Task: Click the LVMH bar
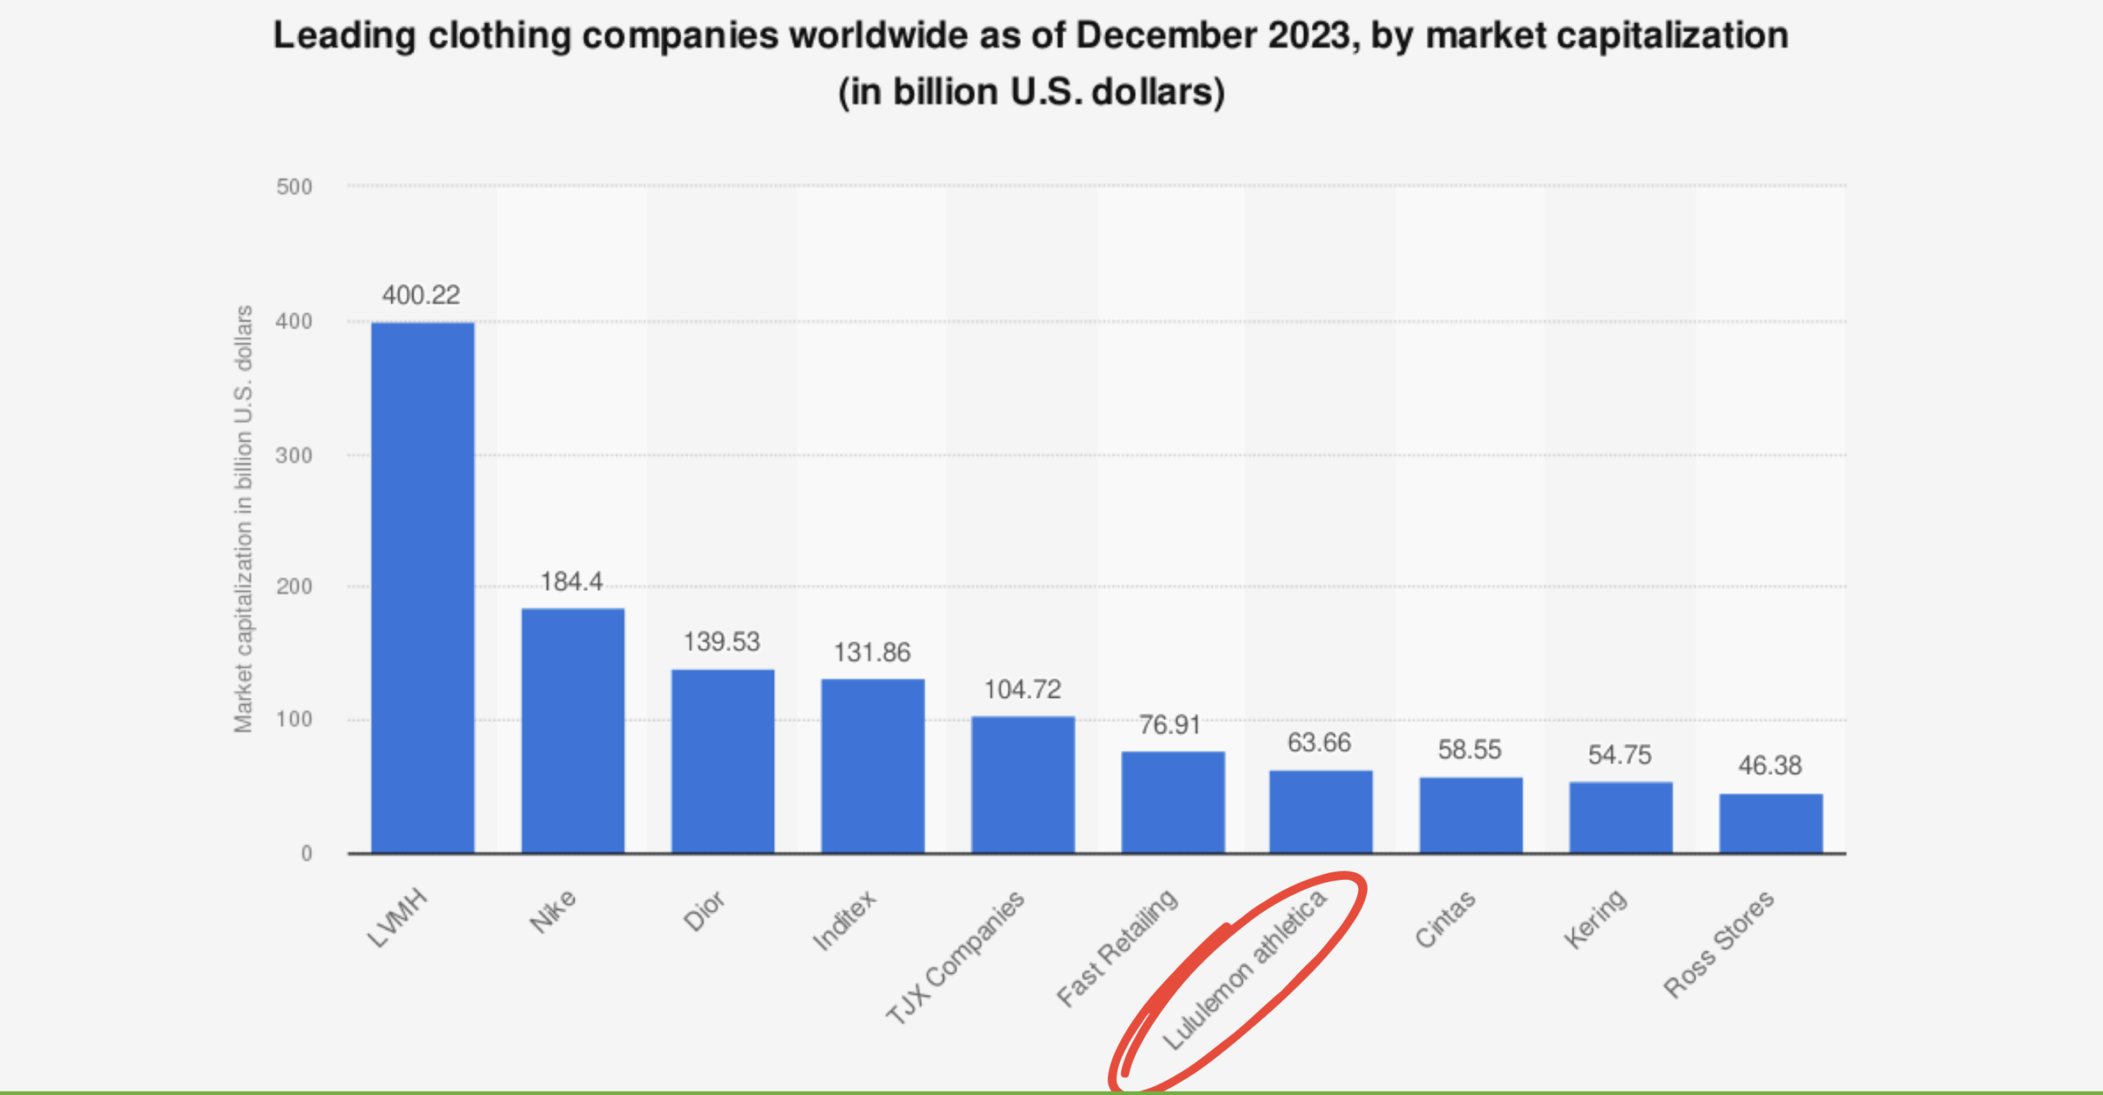(422, 587)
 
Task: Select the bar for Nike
(573, 730)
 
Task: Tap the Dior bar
(722, 761)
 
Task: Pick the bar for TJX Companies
(1023, 784)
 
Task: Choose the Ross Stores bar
(1770, 823)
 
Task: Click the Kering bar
(1620, 817)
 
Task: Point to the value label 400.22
(421, 295)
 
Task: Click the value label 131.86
(872, 652)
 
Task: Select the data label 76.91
(1169, 725)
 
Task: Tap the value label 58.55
(1469, 749)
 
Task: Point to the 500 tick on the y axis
(294, 187)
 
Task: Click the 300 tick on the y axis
(294, 456)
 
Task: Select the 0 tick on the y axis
(306, 853)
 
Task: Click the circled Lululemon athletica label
(1245, 969)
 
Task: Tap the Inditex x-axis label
(844, 920)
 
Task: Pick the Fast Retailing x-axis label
(1117, 948)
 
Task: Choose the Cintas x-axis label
(1445, 918)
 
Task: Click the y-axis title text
(243, 519)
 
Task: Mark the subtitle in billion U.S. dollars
(1031, 92)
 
